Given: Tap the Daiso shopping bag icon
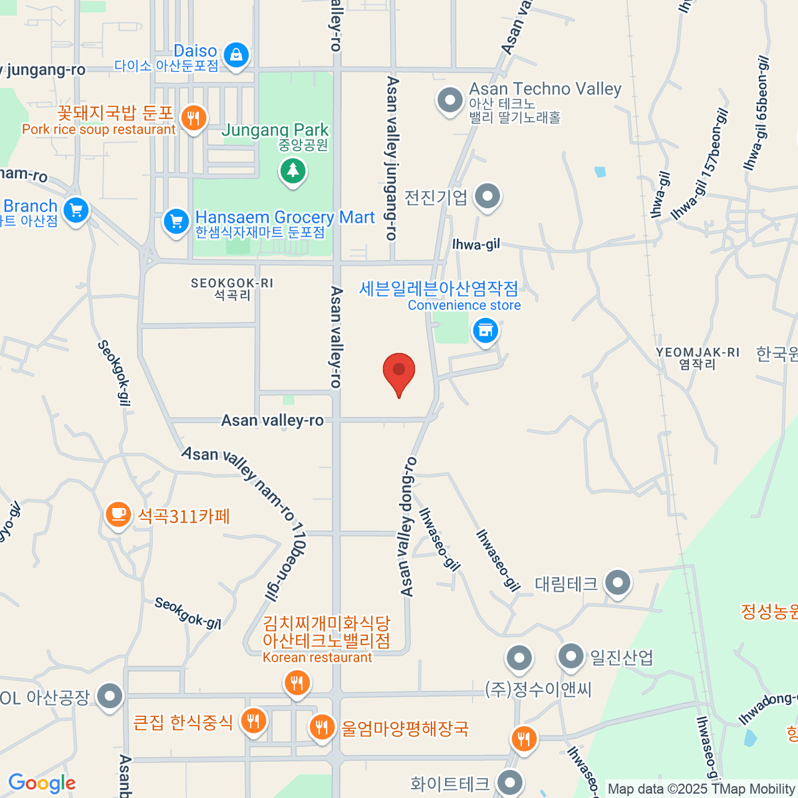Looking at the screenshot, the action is (x=236, y=55).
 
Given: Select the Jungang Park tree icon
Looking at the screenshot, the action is (x=293, y=171).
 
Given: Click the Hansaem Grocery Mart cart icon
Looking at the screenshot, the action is (x=176, y=221).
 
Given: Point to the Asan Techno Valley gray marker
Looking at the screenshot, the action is (x=450, y=101).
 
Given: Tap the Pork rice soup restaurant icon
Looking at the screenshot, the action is (x=194, y=119).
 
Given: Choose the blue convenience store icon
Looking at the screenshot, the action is (x=485, y=330).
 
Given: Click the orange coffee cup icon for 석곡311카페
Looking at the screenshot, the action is (x=118, y=514).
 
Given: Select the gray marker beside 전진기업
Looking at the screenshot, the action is (x=489, y=197).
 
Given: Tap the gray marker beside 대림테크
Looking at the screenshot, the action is (x=618, y=583).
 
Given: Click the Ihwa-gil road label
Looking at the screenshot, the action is (x=476, y=245).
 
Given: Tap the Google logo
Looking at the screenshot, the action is (x=42, y=783).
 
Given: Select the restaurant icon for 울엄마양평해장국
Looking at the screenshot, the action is (x=323, y=726).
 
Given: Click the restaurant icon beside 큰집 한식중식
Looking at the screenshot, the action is (x=253, y=720).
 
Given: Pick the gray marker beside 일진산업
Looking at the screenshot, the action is (x=571, y=656).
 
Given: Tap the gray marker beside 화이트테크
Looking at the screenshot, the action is (x=510, y=783).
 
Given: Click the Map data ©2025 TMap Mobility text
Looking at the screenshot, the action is (x=702, y=789).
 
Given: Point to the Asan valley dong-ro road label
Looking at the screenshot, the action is (x=408, y=526).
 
